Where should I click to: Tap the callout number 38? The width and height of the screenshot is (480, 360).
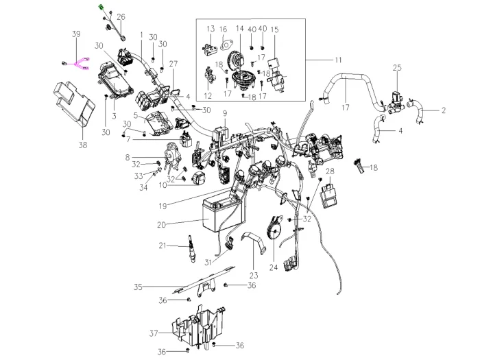[x=83, y=145]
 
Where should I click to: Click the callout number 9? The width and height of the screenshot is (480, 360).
[x=224, y=112]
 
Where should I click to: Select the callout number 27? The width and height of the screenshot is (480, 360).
[x=173, y=64]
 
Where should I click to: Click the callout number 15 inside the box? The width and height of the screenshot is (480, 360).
[x=274, y=29]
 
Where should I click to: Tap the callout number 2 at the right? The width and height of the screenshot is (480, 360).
[x=444, y=110]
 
